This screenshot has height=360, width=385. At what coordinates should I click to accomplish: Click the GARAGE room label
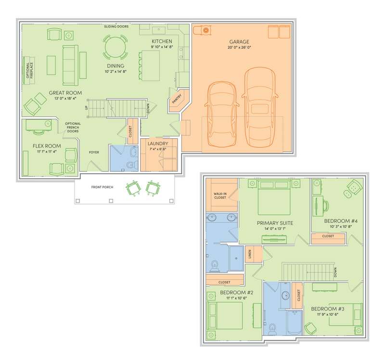(239, 42)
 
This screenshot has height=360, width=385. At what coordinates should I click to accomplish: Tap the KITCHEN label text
(162, 41)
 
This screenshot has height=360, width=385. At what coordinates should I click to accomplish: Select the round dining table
(115, 47)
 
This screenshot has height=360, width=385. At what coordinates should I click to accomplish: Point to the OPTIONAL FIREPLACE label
(29, 70)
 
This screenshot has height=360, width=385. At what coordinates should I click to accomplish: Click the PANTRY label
(177, 99)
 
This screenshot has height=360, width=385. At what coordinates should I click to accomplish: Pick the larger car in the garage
(260, 107)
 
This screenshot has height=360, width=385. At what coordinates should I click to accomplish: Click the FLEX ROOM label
(47, 146)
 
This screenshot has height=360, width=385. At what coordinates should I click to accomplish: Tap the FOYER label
(94, 152)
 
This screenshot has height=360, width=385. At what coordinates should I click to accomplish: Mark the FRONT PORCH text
(102, 187)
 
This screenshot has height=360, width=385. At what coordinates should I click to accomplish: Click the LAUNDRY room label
(158, 143)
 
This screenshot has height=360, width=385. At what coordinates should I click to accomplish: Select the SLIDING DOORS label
(116, 26)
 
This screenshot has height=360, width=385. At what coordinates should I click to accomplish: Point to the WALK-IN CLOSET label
(220, 195)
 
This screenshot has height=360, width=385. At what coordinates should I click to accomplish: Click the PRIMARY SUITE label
(275, 223)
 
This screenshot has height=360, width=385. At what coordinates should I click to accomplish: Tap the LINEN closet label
(250, 254)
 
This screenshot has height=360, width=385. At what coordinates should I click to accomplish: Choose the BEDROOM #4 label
(341, 221)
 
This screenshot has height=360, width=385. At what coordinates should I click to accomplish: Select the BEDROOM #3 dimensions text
(328, 314)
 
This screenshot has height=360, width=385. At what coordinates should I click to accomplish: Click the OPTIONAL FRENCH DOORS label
(73, 127)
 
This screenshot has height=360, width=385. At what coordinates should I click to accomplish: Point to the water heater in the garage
(206, 30)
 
